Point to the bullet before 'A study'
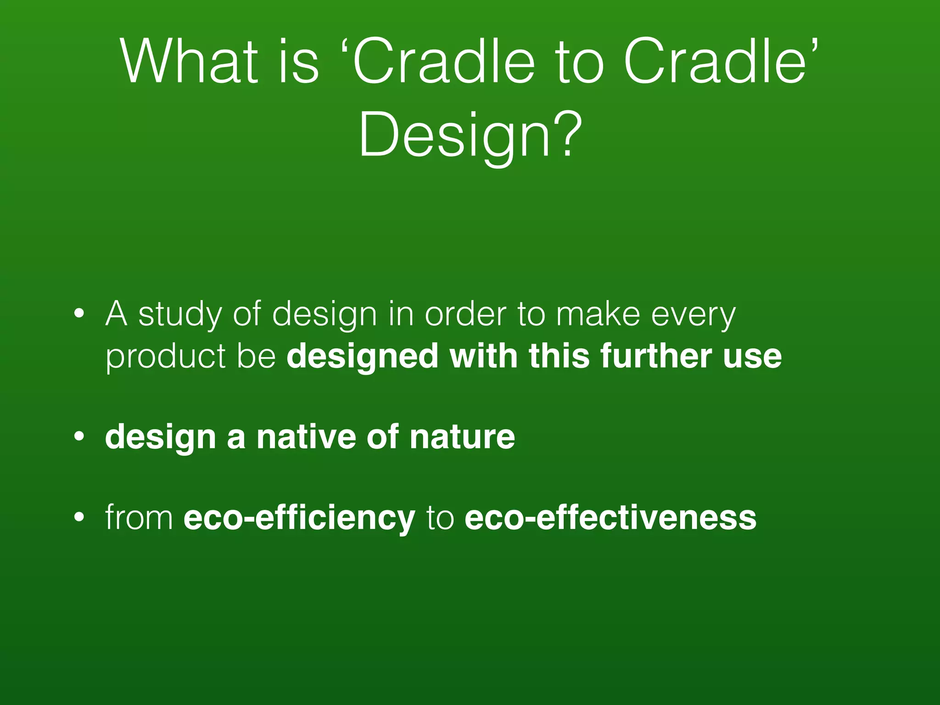[x=79, y=314]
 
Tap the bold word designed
[x=362, y=357]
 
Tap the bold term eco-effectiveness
[x=610, y=518]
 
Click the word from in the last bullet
[x=139, y=518]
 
